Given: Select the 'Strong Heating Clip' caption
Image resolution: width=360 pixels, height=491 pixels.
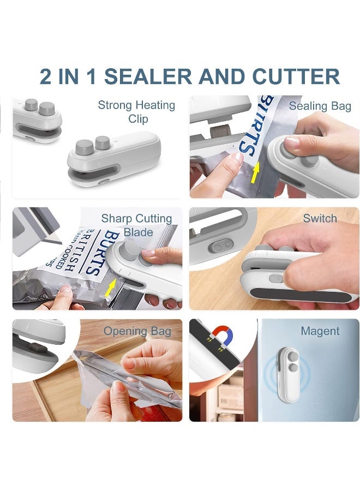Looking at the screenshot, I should click(x=136, y=111).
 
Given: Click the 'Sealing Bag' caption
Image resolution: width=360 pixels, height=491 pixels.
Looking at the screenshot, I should click(x=320, y=106).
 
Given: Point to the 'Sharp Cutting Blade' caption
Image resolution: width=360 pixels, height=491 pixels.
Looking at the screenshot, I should click(x=136, y=225).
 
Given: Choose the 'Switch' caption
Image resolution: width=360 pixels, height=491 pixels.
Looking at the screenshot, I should click(x=320, y=218).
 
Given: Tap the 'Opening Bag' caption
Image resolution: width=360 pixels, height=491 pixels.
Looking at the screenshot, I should click(x=137, y=331).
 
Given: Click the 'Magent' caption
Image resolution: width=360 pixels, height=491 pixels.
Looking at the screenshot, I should click(x=320, y=331).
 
